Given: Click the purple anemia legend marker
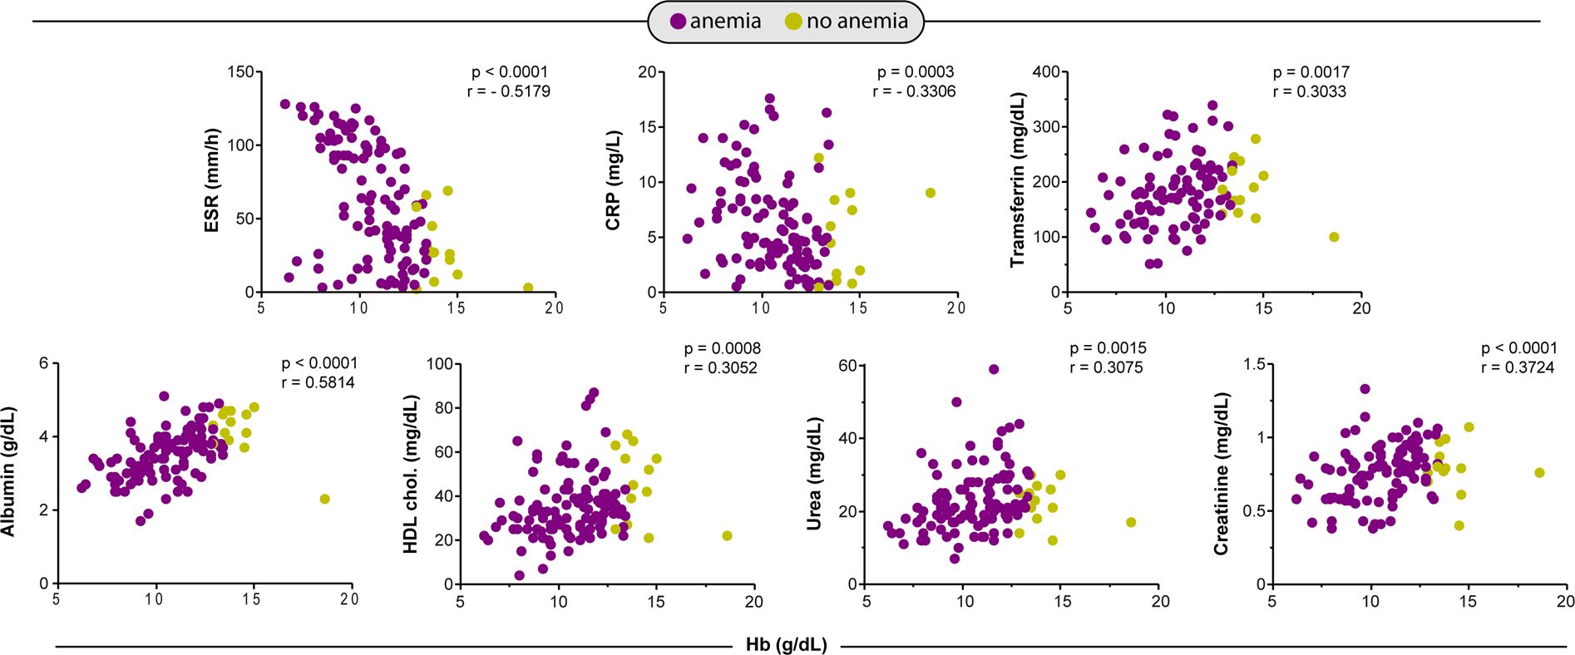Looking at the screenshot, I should tap(679, 22).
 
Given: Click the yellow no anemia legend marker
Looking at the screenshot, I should tap(794, 22).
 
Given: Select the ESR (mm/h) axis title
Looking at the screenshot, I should tap(212, 180).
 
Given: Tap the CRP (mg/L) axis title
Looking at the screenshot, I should tap(614, 180).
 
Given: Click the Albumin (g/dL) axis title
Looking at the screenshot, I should tap(8, 472).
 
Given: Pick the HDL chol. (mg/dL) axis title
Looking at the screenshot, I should tap(411, 474).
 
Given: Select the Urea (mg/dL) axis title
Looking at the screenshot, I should tap(815, 474).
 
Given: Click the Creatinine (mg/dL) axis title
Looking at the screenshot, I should tap(1221, 474).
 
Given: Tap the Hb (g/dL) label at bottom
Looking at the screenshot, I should tap(786, 645).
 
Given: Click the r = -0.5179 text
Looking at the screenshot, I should tap(508, 91).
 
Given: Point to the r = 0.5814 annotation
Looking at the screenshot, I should tap(318, 383).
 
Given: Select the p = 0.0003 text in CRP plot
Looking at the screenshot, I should tap(915, 72).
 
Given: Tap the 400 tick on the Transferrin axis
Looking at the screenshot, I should tap(1046, 72).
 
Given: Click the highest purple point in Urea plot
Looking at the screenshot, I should tap(993, 370).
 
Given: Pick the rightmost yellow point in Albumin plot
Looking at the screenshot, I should tap(324, 500).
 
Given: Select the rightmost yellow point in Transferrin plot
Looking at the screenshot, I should tap(1334, 237).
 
